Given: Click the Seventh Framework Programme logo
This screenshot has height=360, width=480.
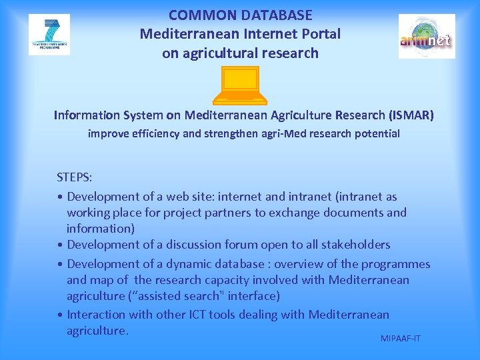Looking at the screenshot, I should click(49, 35).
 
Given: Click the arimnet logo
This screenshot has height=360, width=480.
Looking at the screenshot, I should click(427, 37).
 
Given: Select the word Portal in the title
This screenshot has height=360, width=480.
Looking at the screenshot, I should click(319, 33).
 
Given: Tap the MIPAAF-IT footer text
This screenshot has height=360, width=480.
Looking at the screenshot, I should click(401, 339).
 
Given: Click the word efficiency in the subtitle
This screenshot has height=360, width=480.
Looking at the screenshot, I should click(155, 133).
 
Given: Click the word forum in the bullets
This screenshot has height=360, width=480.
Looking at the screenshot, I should click(247, 245).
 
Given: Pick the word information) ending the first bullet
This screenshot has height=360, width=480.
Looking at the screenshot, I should click(101, 228).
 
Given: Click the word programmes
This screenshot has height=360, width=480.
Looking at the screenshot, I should click(396, 263).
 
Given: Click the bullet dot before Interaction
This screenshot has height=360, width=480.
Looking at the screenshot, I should click(61, 315).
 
